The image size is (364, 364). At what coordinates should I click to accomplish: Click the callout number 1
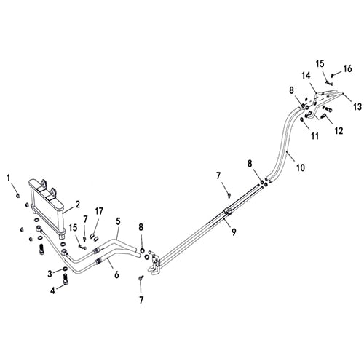9,178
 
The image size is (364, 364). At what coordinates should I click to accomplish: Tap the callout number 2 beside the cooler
77,205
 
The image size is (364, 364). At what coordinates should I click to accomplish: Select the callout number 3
50,274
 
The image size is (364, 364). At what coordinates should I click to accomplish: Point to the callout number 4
52,290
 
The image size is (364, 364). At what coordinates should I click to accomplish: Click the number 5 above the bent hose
118,221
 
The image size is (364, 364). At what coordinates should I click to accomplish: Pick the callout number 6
116,275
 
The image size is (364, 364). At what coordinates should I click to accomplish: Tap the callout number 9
234,232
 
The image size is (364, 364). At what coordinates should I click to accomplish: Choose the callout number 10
301,167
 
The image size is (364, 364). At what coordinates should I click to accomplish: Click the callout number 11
314,136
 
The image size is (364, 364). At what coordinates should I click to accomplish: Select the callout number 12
339,131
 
